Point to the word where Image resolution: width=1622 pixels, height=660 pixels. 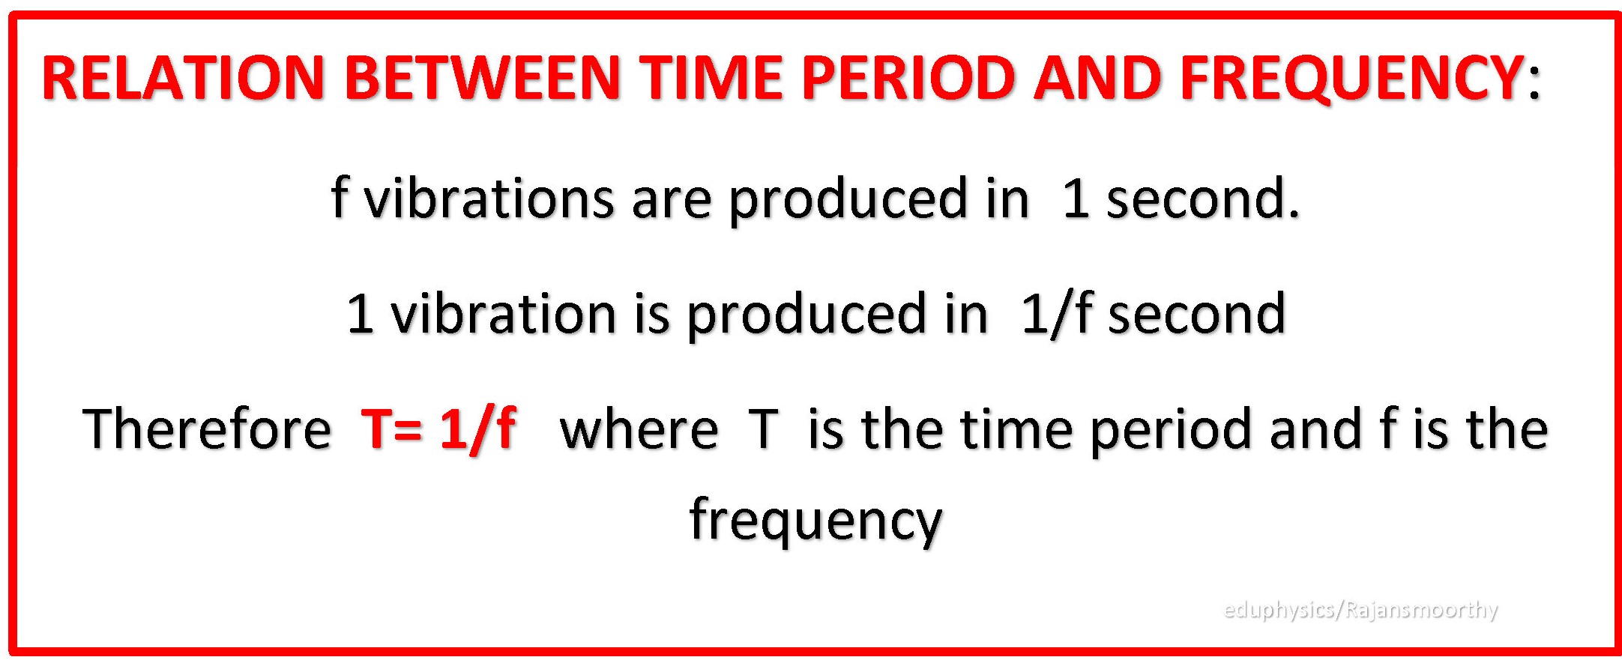639,430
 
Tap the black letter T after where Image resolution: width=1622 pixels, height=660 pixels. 763,429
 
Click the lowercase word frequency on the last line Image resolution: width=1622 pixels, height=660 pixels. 815,521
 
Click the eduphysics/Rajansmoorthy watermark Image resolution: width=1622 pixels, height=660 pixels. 1360,610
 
